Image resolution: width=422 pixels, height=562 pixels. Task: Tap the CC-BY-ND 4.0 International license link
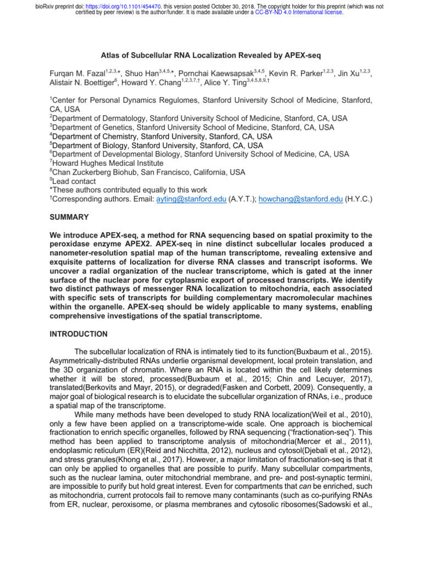(299, 12)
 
